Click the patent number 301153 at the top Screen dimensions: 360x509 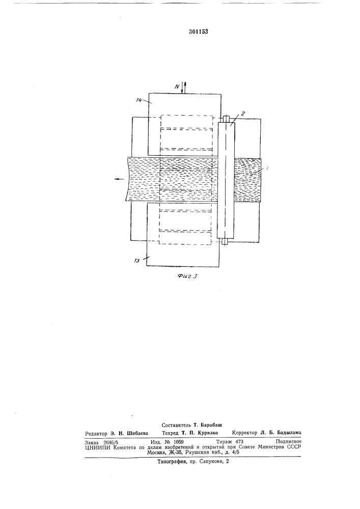click(x=199, y=32)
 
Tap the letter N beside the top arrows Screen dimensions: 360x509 click(x=177, y=87)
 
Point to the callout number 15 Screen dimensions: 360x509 click(x=137, y=261)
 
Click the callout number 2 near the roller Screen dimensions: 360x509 click(x=243, y=114)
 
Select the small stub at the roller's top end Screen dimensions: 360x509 click(x=226, y=119)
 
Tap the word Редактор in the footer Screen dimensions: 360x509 click(x=96, y=433)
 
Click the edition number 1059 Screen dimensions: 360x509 click(x=179, y=442)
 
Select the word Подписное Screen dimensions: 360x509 click(x=288, y=441)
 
